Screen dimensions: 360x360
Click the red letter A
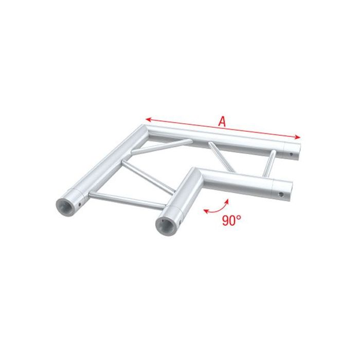222,121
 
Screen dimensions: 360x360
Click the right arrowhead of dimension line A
298,137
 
